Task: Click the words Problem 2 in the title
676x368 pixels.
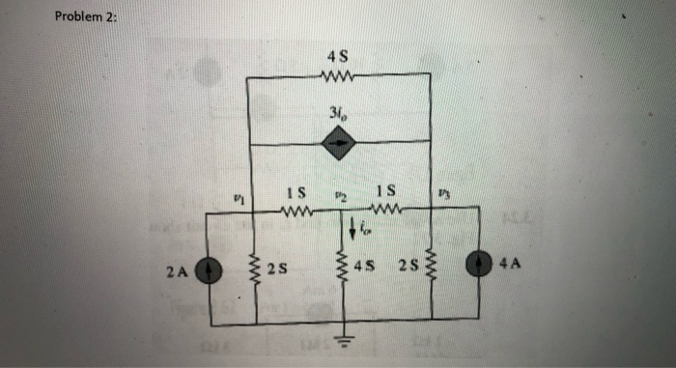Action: coord(85,17)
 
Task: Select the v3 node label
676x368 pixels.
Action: coord(443,198)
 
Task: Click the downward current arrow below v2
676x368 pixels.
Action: coord(352,231)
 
